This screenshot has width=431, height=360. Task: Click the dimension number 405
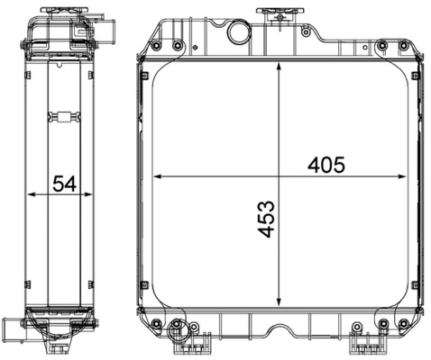[x=327, y=165]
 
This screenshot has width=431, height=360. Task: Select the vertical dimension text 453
[x=267, y=219]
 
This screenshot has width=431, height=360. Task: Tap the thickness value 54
[x=63, y=184]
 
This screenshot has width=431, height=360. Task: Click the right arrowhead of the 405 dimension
[x=407, y=175]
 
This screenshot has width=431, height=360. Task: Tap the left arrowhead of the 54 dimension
[x=32, y=193]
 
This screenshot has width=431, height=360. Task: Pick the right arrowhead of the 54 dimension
[x=95, y=193]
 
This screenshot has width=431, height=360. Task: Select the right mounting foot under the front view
[x=365, y=341]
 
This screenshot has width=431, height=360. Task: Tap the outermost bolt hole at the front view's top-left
[x=158, y=45]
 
